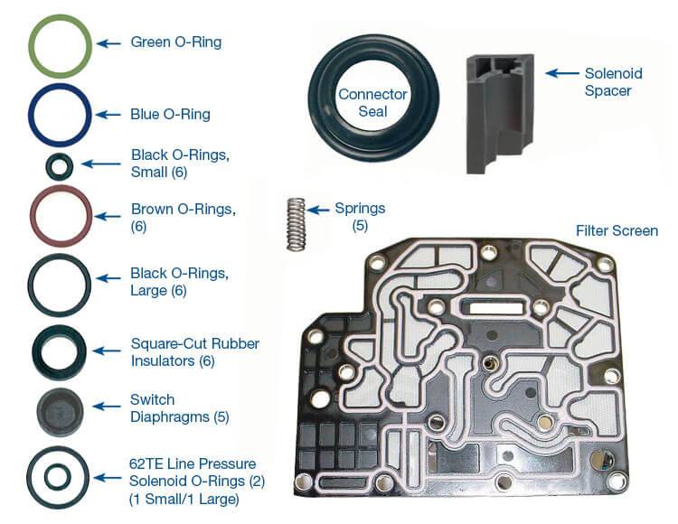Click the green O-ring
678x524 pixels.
[x=60, y=24]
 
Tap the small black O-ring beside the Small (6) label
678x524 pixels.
[x=60, y=165]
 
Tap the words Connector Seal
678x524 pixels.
[x=372, y=103]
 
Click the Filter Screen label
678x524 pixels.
[x=617, y=231]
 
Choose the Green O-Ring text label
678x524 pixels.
[x=175, y=42]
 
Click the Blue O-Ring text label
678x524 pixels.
[x=170, y=115]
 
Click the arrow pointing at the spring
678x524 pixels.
[x=321, y=209]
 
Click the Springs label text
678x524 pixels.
[x=360, y=209]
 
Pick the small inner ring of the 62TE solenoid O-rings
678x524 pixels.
[x=59, y=475]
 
